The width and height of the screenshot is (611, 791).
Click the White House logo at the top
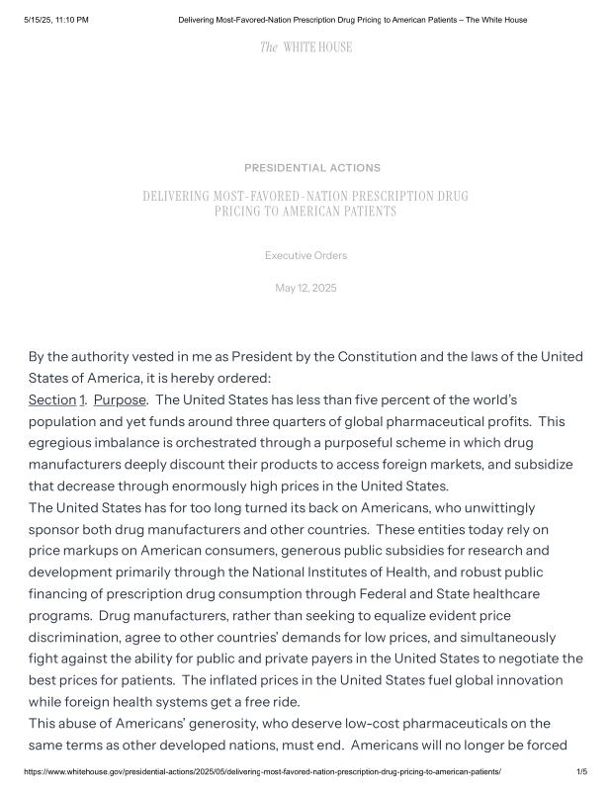305,47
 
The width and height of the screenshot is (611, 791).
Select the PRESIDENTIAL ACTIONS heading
311,168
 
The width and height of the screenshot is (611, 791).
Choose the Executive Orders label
305,256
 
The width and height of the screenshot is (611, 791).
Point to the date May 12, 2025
305,288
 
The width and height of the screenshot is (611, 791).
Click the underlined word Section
52,399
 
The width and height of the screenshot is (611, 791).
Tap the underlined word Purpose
120,399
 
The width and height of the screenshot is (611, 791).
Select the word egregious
62,443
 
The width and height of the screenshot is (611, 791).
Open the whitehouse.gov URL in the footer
262,771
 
